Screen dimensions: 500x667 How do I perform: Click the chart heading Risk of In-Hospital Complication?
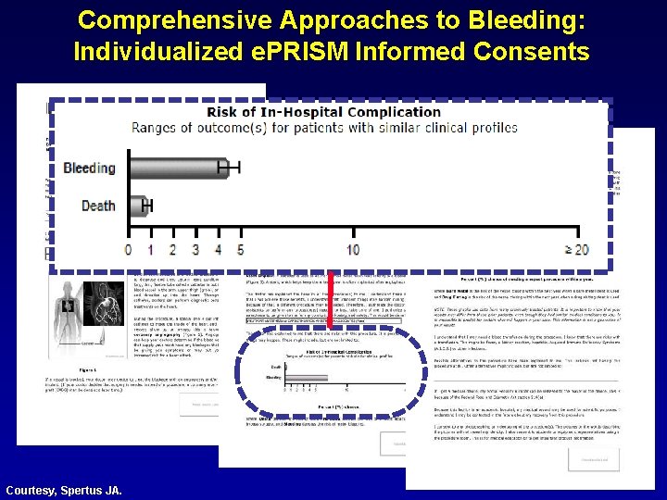pos(323,112)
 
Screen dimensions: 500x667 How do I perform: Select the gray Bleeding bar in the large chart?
pos(176,168)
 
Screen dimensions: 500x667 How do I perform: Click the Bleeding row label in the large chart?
pos(89,169)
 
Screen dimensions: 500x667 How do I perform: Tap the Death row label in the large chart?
pos(98,206)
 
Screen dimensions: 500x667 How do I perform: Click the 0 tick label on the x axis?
pos(128,250)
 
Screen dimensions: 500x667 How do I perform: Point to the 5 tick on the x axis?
pos(241,250)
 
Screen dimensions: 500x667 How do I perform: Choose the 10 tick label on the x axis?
pos(353,250)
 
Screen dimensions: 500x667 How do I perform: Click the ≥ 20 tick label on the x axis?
pos(575,250)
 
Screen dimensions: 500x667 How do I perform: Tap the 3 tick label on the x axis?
pos(195,250)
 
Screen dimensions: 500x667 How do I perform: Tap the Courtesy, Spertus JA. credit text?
pos(63,489)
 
